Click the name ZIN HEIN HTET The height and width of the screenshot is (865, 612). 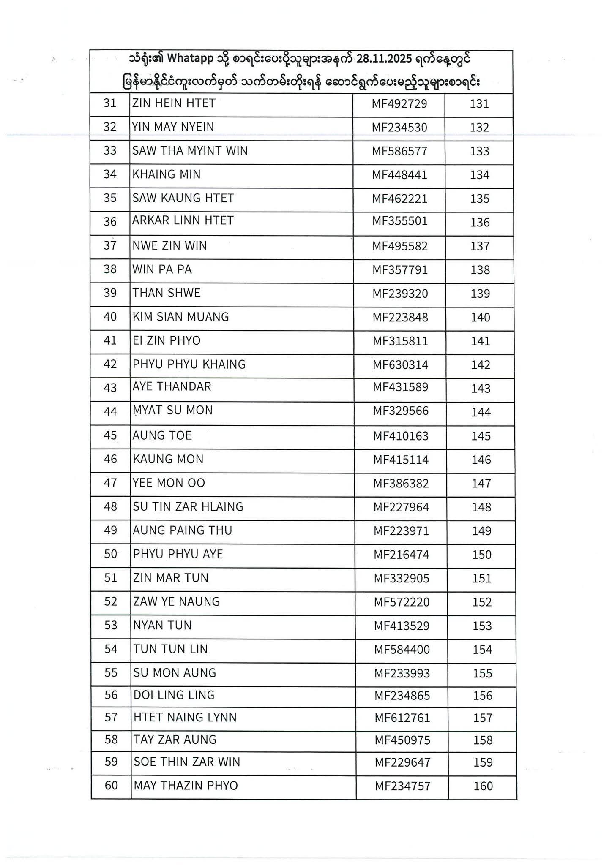[x=174, y=103]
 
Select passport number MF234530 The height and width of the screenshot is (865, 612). [x=399, y=128]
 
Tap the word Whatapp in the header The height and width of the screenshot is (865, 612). [x=190, y=59]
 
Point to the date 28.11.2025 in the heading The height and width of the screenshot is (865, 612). [x=384, y=59]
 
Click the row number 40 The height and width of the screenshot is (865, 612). [x=110, y=317]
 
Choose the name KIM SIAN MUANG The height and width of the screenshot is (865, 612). [x=180, y=317]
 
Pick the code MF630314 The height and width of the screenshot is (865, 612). [x=400, y=365]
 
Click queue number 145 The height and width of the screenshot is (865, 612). [x=481, y=436]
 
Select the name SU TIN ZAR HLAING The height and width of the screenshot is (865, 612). [x=188, y=506]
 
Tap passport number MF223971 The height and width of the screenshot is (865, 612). [x=401, y=531]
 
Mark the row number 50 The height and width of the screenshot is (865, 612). [x=111, y=554]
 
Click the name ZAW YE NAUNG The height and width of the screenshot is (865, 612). [x=176, y=601]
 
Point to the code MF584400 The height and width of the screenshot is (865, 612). [x=402, y=650]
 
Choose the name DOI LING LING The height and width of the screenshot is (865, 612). [x=174, y=695]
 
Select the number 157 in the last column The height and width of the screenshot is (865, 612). [x=483, y=718]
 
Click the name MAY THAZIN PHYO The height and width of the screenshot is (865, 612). [x=186, y=786]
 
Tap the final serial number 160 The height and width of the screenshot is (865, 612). [x=484, y=786]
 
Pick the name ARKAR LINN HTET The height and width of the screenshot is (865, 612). [x=183, y=220]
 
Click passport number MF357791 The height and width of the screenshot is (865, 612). [x=400, y=270]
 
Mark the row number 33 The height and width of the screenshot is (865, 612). [x=110, y=151]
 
